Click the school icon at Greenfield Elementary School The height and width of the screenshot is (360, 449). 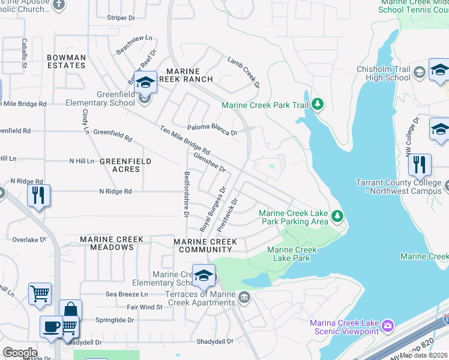145,82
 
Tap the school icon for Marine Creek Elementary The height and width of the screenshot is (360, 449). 203,275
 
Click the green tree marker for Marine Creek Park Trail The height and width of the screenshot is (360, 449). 318,106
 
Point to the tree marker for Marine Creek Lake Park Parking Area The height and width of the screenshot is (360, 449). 337,214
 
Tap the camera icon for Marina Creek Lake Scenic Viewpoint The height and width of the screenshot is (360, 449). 387,325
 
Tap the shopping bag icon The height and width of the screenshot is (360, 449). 70,310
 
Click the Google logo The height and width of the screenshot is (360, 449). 20,353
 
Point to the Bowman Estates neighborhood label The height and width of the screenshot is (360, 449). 66,62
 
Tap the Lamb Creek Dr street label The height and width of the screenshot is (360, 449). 244,72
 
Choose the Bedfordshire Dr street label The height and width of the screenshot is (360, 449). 186,194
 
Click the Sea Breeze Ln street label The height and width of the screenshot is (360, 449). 126,294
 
